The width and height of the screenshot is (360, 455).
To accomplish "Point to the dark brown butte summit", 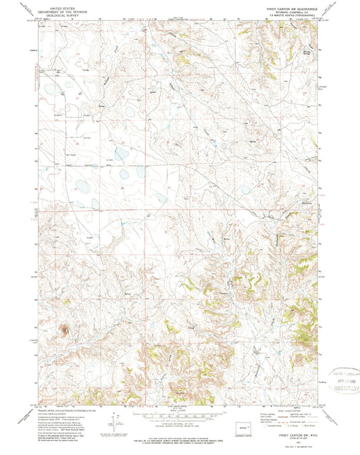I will point(66,330).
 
